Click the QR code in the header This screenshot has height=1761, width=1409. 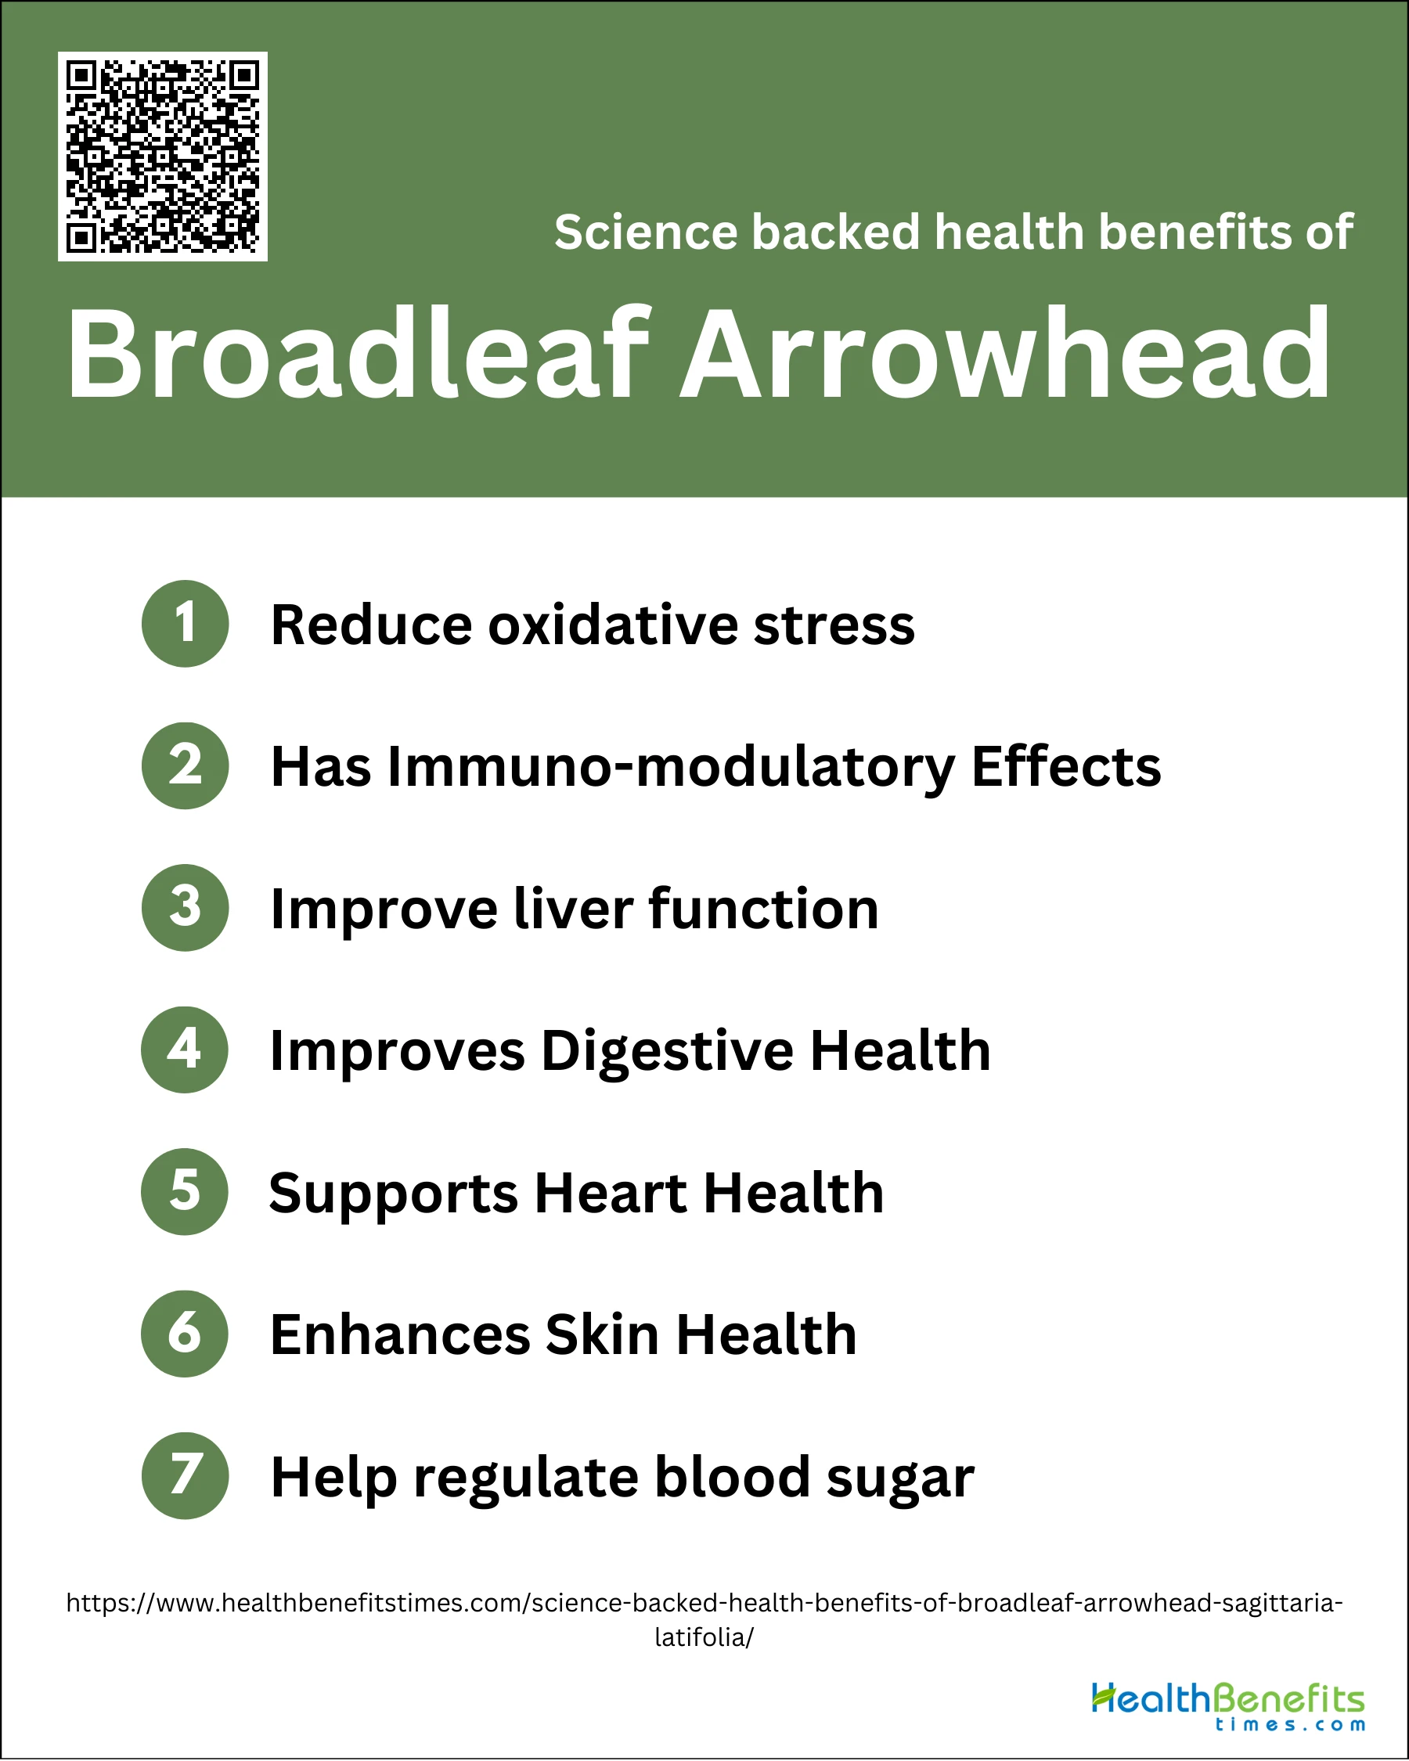click(x=163, y=157)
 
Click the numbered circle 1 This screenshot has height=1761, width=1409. click(x=185, y=623)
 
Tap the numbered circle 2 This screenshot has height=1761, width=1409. click(x=185, y=765)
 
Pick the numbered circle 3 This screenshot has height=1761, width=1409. click(x=185, y=907)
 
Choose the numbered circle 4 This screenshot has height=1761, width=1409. click(x=185, y=1050)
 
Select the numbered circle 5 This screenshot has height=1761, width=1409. click(x=185, y=1192)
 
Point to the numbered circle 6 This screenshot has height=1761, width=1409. click(x=185, y=1334)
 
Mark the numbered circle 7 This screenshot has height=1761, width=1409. click(x=185, y=1476)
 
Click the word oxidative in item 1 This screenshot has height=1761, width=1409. click(x=614, y=625)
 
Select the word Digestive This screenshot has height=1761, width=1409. click(x=668, y=1052)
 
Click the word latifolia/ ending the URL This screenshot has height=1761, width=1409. click(x=704, y=1637)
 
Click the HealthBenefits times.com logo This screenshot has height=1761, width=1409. click(x=1228, y=1706)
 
